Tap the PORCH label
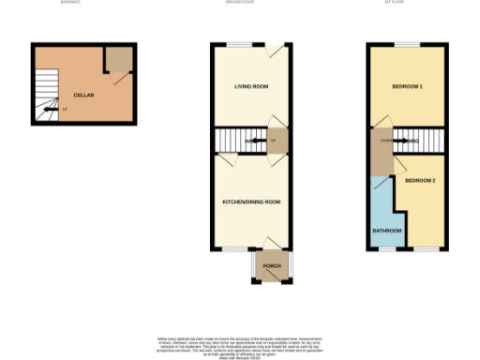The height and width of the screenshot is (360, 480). point(272,266)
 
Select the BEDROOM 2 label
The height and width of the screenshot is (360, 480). point(420,179)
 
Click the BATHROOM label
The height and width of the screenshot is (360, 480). point(387,230)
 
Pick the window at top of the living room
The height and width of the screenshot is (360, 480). point(242,44)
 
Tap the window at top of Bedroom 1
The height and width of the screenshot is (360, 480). point(405,44)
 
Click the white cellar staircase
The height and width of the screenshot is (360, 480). point(47,98)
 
